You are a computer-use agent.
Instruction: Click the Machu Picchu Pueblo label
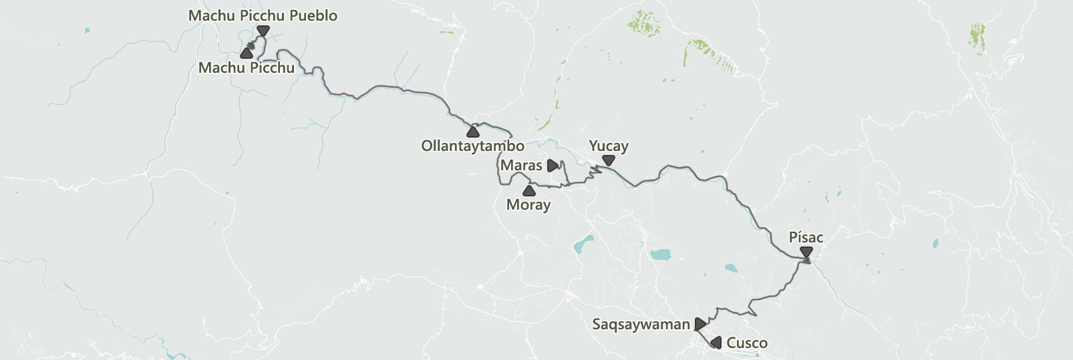[x=263, y=15]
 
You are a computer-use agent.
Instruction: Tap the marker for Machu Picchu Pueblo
[x=263, y=31]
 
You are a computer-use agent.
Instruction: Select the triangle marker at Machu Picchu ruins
[x=247, y=53]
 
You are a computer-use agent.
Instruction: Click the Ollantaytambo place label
[x=472, y=146]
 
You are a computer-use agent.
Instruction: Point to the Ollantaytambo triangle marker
[x=473, y=131]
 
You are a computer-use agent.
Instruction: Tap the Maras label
[x=521, y=166]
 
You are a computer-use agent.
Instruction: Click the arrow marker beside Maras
[x=553, y=166]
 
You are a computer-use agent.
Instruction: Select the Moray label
[x=528, y=205]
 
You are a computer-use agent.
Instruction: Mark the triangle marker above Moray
[x=528, y=190]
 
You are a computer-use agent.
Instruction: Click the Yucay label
[x=608, y=146]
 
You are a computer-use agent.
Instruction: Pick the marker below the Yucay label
[x=608, y=160]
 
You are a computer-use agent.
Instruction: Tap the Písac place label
[x=806, y=238]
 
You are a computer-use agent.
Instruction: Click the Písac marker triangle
[x=806, y=252]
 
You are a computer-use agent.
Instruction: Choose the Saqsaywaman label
[x=641, y=325]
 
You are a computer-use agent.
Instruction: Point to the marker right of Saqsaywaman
[x=700, y=324]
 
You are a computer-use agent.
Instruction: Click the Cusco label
[x=746, y=343]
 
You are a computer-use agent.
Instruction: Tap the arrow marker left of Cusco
[x=716, y=343]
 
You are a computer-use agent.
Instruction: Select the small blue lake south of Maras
[x=583, y=244]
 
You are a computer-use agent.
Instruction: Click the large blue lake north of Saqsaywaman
[x=660, y=254]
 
